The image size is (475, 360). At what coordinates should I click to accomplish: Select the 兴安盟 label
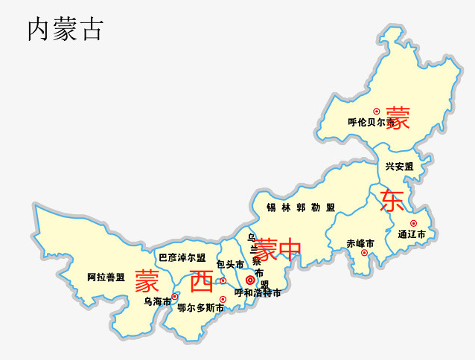tap(400, 167)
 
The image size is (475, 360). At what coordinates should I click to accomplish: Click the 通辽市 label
tap(411, 234)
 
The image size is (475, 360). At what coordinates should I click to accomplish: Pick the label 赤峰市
tap(360, 243)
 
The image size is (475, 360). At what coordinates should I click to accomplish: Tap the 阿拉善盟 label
tap(106, 277)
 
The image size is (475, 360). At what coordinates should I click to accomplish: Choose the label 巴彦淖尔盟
tap(182, 257)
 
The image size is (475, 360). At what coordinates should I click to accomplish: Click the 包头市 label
tap(230, 264)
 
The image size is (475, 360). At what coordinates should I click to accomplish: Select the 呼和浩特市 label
tap(258, 292)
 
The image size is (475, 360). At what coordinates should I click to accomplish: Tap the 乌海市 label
tap(158, 301)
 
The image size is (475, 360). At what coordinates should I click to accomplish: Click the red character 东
tap(392, 200)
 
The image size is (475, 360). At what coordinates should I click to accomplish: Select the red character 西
tap(201, 281)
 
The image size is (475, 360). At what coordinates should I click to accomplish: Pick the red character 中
tap(290, 248)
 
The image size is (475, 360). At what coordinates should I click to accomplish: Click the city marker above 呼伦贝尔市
tap(377, 111)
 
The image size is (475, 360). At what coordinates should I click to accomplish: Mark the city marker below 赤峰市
tap(364, 253)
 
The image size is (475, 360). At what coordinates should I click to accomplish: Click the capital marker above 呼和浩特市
tap(250, 280)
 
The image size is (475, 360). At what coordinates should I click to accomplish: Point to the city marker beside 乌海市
tap(175, 296)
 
